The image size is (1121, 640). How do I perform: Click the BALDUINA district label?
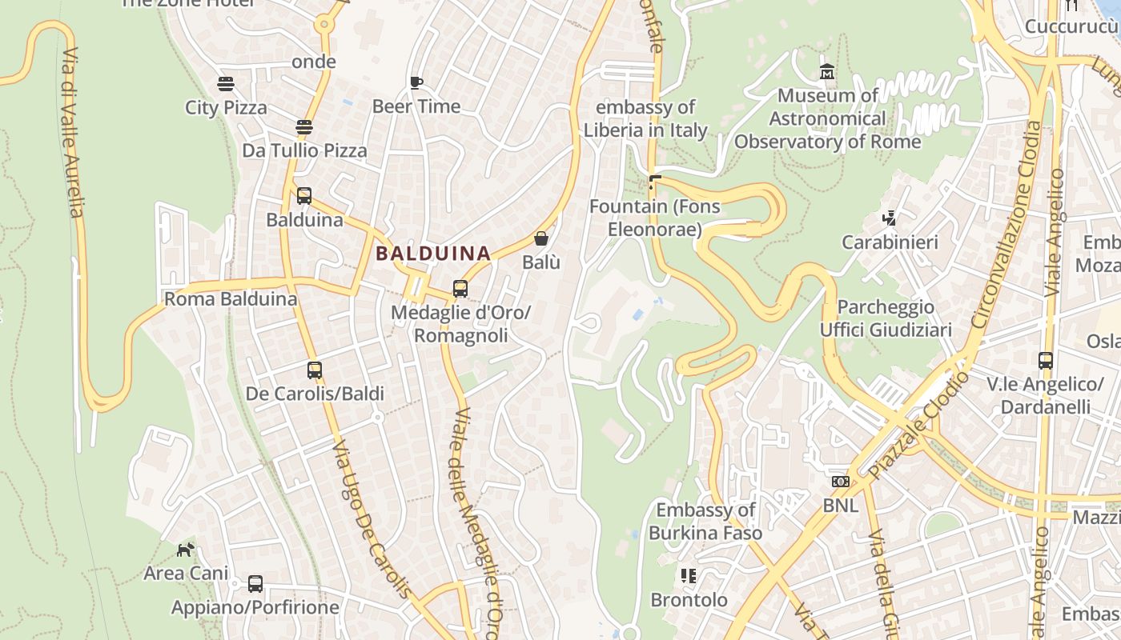(x=433, y=254)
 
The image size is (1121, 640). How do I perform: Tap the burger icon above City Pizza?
(x=226, y=83)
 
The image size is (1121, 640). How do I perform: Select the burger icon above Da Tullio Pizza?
(x=304, y=126)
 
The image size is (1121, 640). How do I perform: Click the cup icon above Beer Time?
(x=416, y=82)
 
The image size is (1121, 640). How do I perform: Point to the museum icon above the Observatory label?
(x=827, y=72)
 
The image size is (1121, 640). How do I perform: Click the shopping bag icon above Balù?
(x=541, y=238)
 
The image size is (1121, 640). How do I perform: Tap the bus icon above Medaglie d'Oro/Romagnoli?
(x=460, y=289)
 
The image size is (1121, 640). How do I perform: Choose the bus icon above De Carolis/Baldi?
(x=315, y=370)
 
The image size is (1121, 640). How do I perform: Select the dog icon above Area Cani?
(x=186, y=550)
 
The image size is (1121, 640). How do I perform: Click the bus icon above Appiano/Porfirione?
(x=255, y=584)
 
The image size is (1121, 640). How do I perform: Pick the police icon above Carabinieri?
(x=889, y=218)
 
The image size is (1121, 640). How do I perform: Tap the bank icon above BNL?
(x=840, y=482)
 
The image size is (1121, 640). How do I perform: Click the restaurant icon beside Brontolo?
(x=689, y=576)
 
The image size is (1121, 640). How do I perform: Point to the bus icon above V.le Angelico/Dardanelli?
(x=1046, y=361)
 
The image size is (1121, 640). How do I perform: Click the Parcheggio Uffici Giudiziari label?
(x=886, y=318)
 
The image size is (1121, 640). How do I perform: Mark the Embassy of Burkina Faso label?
(x=705, y=521)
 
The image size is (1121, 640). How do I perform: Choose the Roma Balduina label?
(x=231, y=299)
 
